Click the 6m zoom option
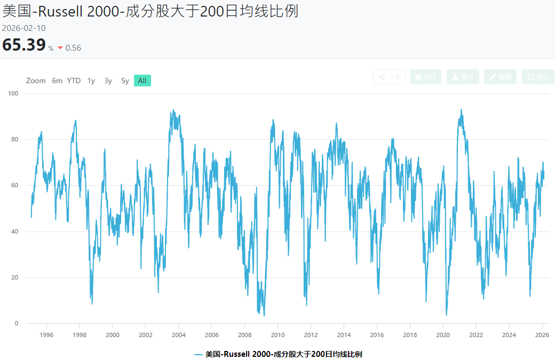(x=57, y=81)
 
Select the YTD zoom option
(x=74, y=81)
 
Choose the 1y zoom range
(x=91, y=81)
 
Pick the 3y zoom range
(x=108, y=81)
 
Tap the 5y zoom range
(x=125, y=81)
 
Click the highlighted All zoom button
(x=142, y=81)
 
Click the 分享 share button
(x=389, y=77)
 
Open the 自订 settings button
(x=426, y=77)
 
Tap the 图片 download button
(x=463, y=77)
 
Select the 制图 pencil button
(x=500, y=77)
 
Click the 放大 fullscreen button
(x=537, y=77)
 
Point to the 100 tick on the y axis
(x=13, y=93)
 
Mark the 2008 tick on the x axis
(x=244, y=335)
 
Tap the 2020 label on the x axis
(x=443, y=335)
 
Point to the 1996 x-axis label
(x=46, y=335)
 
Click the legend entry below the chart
(x=277, y=354)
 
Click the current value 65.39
(x=24, y=45)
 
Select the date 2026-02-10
(x=24, y=28)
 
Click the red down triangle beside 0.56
(x=60, y=48)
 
